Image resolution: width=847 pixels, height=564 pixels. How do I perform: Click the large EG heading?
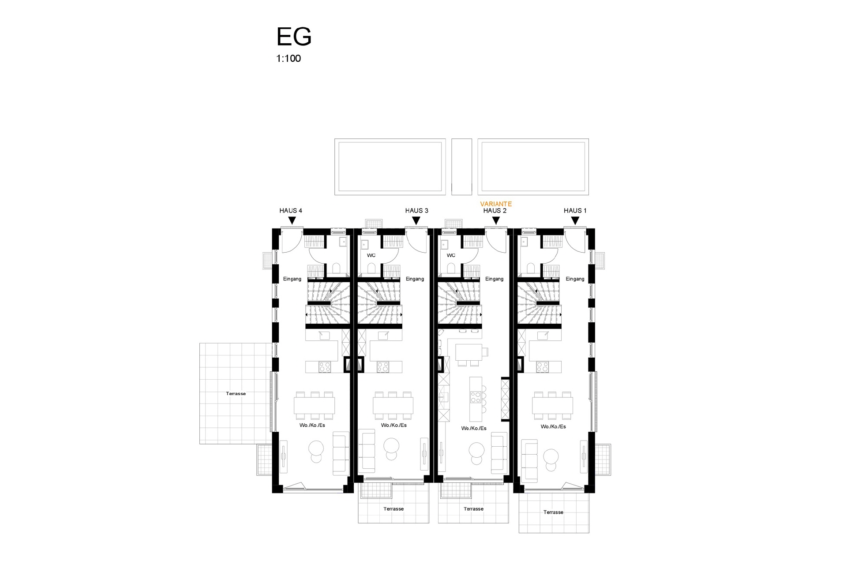(x=294, y=37)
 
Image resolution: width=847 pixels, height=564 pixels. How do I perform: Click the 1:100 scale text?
(x=289, y=58)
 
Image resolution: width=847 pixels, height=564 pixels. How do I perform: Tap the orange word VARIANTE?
(x=496, y=204)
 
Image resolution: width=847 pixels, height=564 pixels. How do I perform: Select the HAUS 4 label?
(x=291, y=211)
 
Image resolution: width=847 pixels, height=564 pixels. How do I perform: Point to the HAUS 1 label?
(x=575, y=211)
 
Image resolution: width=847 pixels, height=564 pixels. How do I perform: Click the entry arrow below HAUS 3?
(x=416, y=220)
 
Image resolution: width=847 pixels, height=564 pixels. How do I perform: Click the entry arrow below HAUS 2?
(x=496, y=220)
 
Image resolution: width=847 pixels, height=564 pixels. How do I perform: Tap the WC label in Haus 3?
(x=371, y=256)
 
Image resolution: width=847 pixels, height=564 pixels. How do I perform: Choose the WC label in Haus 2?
(x=451, y=256)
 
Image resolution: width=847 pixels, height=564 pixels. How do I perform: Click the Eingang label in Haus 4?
(x=292, y=279)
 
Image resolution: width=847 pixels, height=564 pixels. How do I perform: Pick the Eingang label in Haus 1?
(x=575, y=279)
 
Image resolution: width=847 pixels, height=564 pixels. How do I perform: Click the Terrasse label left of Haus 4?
(x=236, y=394)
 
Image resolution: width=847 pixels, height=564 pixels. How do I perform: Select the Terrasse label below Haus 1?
(x=553, y=512)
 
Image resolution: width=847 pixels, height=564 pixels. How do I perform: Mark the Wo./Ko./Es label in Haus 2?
(x=474, y=429)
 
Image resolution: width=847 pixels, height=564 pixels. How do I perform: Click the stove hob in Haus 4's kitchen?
(x=325, y=367)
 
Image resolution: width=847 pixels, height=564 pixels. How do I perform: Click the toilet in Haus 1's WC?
(x=530, y=268)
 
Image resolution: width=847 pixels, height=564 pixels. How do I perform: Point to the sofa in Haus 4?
(x=341, y=453)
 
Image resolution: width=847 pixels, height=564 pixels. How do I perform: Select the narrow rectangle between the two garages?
(x=461, y=167)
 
